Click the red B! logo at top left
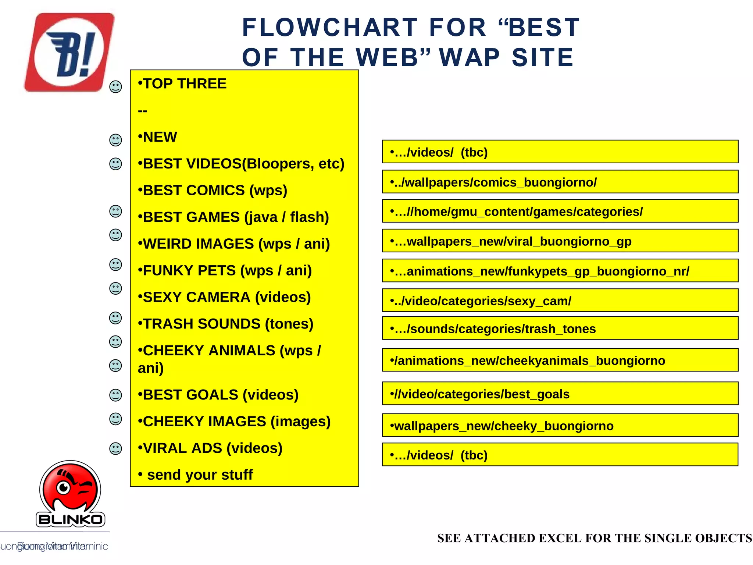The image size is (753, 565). click(69, 52)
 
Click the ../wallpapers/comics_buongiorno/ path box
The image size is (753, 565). click(560, 182)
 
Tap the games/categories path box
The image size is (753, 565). click(560, 211)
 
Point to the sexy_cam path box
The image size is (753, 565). click(560, 301)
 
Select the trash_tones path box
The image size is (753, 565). click(560, 328)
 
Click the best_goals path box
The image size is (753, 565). click(560, 394)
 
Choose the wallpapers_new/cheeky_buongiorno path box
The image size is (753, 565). click(560, 425)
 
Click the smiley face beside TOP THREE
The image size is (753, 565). click(115, 87)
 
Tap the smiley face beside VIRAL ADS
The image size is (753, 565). click(115, 448)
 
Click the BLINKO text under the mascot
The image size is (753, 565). click(70, 520)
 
